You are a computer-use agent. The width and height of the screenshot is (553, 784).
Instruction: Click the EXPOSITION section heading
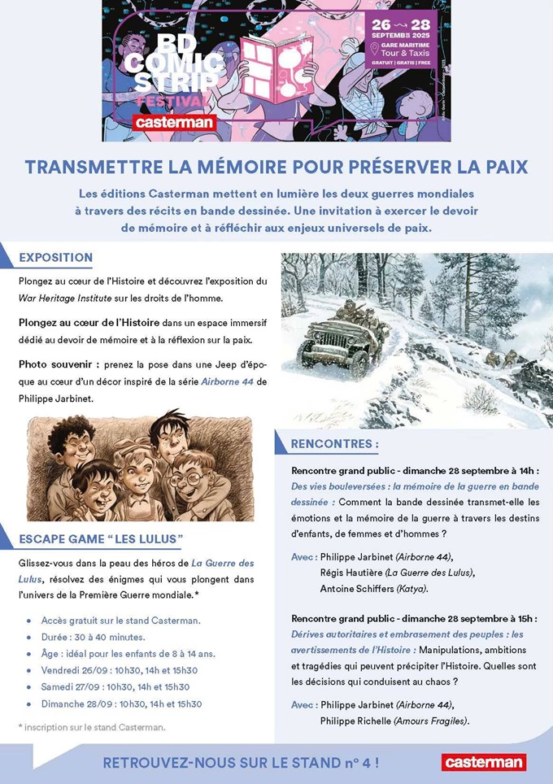[55, 258]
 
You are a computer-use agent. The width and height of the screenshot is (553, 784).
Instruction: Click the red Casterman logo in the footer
[483, 762]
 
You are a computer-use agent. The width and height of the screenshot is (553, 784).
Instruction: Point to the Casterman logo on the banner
[175, 122]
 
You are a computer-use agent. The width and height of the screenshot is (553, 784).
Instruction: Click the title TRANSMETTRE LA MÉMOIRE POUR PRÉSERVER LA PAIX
[276, 167]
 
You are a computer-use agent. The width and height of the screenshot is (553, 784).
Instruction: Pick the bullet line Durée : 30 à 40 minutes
[93, 637]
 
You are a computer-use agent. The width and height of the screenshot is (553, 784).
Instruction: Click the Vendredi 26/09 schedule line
[119, 670]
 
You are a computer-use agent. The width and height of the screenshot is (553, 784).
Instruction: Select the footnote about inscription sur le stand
[91, 726]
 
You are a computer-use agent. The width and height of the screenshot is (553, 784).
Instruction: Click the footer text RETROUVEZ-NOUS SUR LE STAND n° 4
[240, 763]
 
